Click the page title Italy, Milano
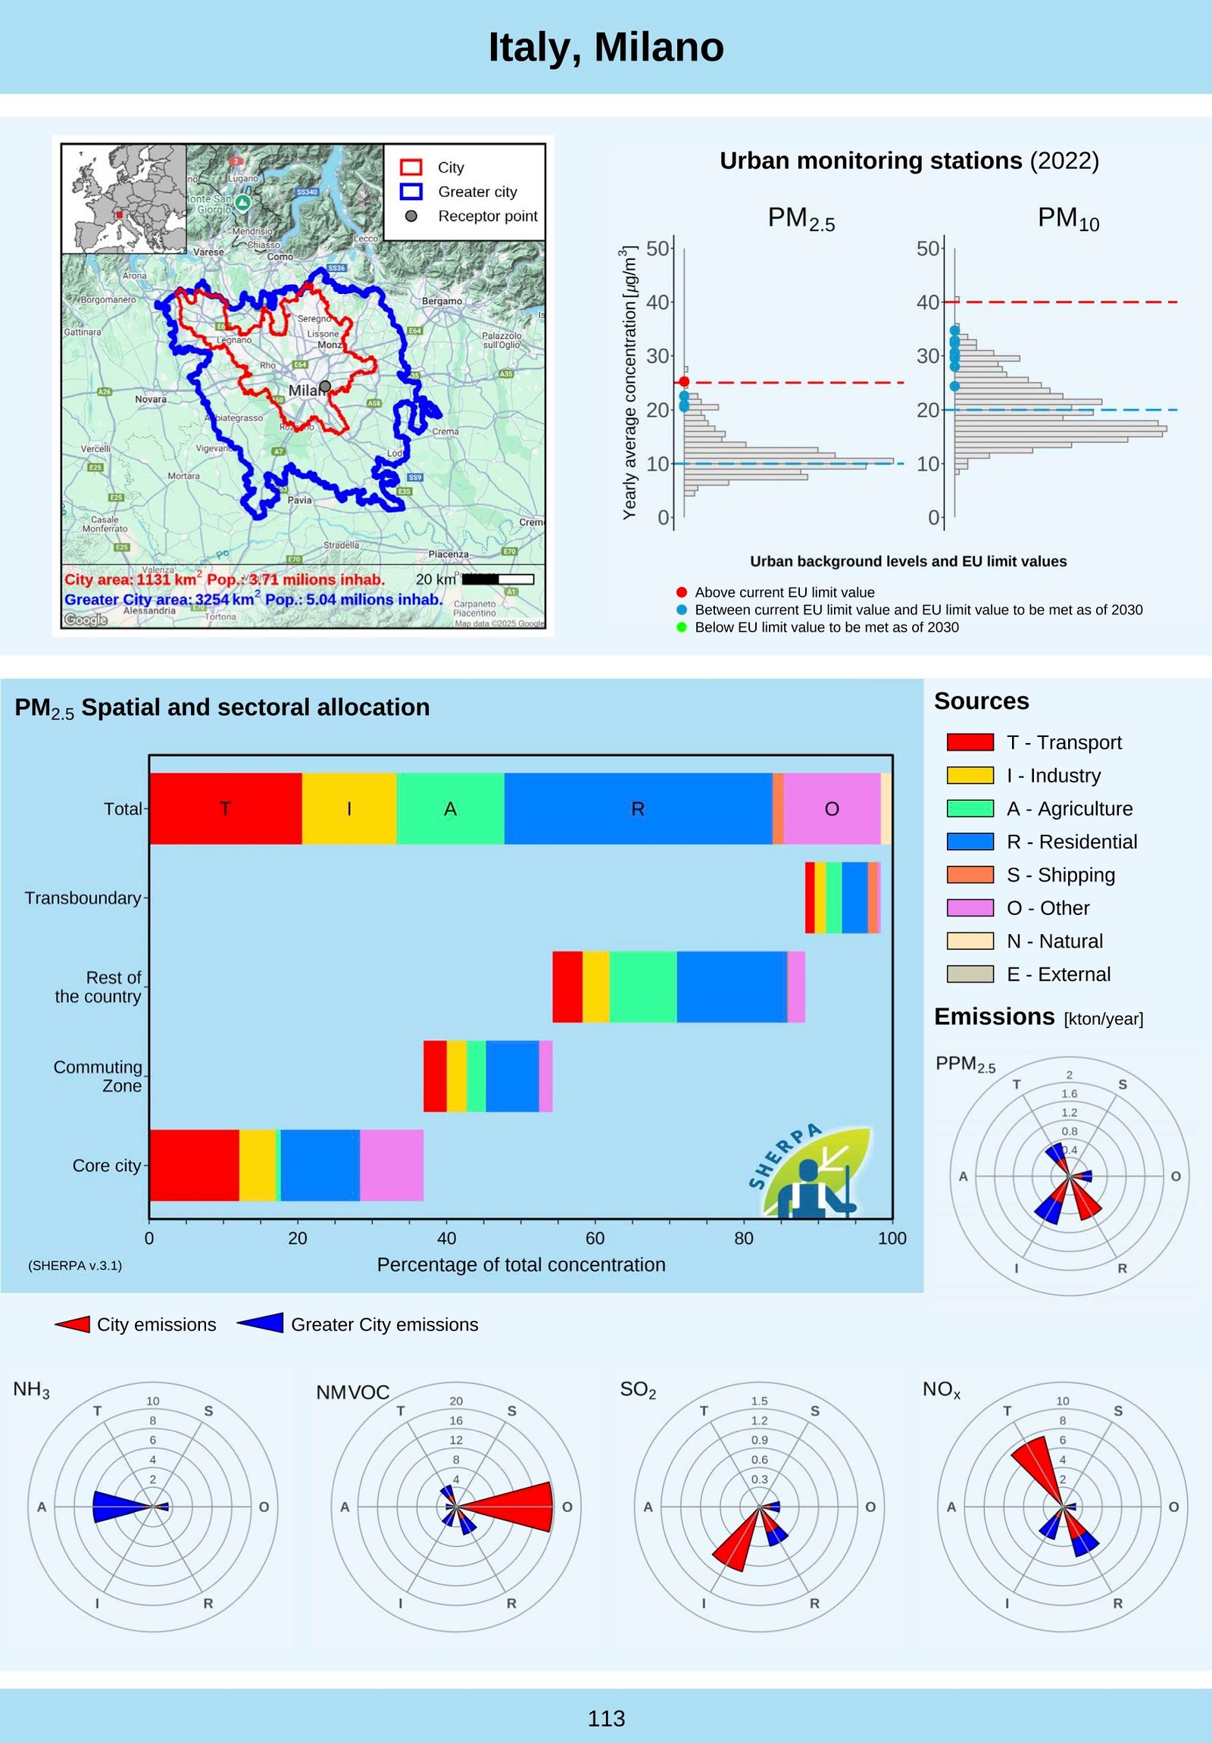(x=605, y=47)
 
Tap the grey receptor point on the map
(x=325, y=386)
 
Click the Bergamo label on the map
(x=442, y=301)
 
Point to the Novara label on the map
(x=150, y=399)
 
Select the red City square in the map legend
(x=411, y=167)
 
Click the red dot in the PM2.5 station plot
(x=684, y=382)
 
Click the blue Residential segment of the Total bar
(x=638, y=808)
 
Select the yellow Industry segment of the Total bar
(x=348, y=808)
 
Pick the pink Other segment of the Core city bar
(x=392, y=1165)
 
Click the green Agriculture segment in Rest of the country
(x=642, y=987)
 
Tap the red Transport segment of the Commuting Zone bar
(x=435, y=1076)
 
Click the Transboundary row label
(x=83, y=898)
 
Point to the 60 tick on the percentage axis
(x=595, y=1239)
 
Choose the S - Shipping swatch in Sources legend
(x=970, y=875)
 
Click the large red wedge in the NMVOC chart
(x=516, y=1507)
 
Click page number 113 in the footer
(x=605, y=1719)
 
